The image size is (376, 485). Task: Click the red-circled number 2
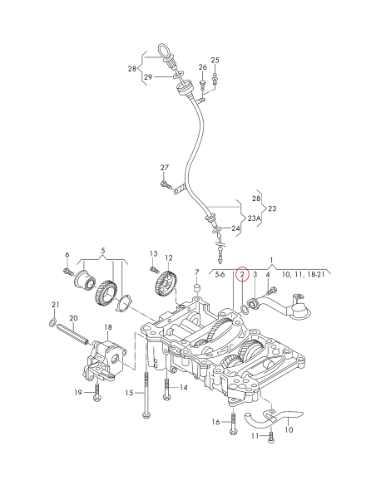coord(242,273)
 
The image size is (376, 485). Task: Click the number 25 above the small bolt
coord(215,61)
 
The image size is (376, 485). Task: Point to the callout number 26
coord(202,66)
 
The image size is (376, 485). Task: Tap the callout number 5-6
coord(220,273)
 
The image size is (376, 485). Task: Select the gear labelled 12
coord(166,287)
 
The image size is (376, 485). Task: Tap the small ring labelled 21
coord(52,321)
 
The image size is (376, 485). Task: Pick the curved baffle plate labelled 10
coord(278,415)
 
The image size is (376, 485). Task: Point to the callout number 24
coord(236,228)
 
